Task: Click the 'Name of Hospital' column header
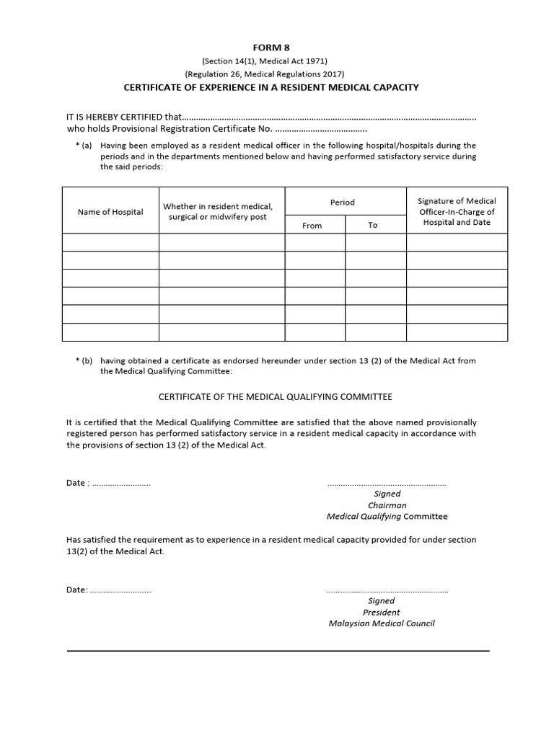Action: [x=110, y=212]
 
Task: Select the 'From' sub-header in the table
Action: [x=312, y=226]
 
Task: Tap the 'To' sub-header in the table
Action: [x=373, y=226]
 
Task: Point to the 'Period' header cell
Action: [x=343, y=203]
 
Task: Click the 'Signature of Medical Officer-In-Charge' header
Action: [x=457, y=212]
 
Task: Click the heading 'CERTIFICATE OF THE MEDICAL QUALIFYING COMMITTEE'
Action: [x=275, y=397]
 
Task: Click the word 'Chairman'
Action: [x=387, y=505]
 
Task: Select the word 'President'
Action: [x=382, y=612]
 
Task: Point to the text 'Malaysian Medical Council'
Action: [x=382, y=623]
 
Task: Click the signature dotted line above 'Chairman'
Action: [x=387, y=484]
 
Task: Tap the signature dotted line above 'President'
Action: [x=387, y=590]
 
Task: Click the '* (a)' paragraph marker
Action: [x=84, y=146]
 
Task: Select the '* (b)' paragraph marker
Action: [x=84, y=361]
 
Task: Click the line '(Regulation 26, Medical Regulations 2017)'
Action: [x=265, y=74]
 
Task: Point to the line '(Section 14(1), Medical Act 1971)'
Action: [x=265, y=61]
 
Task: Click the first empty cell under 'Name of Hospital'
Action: [x=110, y=242]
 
